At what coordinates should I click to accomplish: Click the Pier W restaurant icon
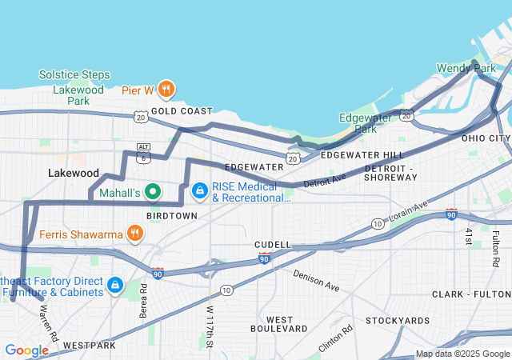[x=166, y=89]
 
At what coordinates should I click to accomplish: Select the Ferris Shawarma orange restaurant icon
[x=135, y=234]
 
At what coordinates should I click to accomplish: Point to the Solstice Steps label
[x=74, y=75]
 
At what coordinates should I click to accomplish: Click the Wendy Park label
[x=466, y=69]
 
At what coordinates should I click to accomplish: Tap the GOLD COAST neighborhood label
[x=182, y=111]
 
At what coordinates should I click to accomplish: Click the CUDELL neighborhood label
[x=273, y=244]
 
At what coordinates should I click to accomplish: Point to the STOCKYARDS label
[x=398, y=321]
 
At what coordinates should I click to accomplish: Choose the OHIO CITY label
[x=485, y=138]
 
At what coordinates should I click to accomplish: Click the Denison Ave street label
[x=316, y=280]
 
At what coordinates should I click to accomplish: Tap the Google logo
[x=26, y=350]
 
